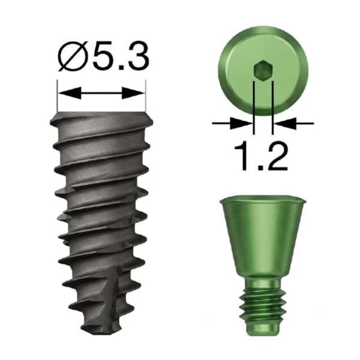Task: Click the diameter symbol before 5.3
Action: tap(71, 56)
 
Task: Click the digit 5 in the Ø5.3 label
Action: tap(101, 56)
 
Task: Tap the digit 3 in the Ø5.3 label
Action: tap(136, 56)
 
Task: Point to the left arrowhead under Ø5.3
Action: tap(70, 93)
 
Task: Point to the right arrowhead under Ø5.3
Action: tap(133, 93)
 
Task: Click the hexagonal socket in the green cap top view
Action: tap(263, 71)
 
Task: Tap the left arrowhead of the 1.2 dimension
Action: tap(242, 124)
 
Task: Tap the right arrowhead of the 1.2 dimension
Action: tap(284, 124)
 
